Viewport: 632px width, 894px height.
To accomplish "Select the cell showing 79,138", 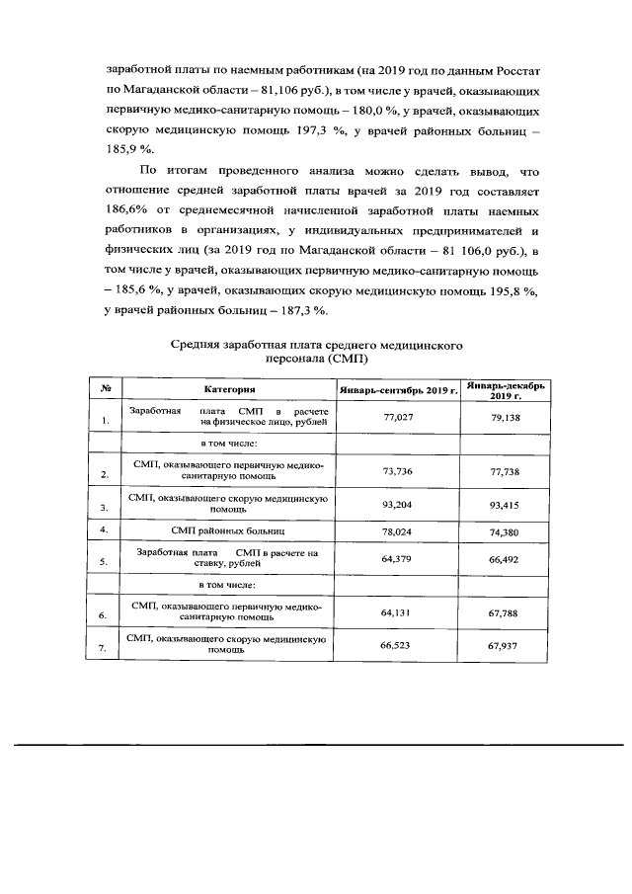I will [505, 417].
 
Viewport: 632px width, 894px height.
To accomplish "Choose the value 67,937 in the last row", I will [505, 647].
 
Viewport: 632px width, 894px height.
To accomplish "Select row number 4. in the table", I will [104, 530].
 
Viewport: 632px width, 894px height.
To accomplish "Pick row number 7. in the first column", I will [104, 648].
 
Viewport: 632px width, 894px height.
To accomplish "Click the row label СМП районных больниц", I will [229, 530].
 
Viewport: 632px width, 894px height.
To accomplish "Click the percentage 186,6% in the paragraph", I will [126, 211].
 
